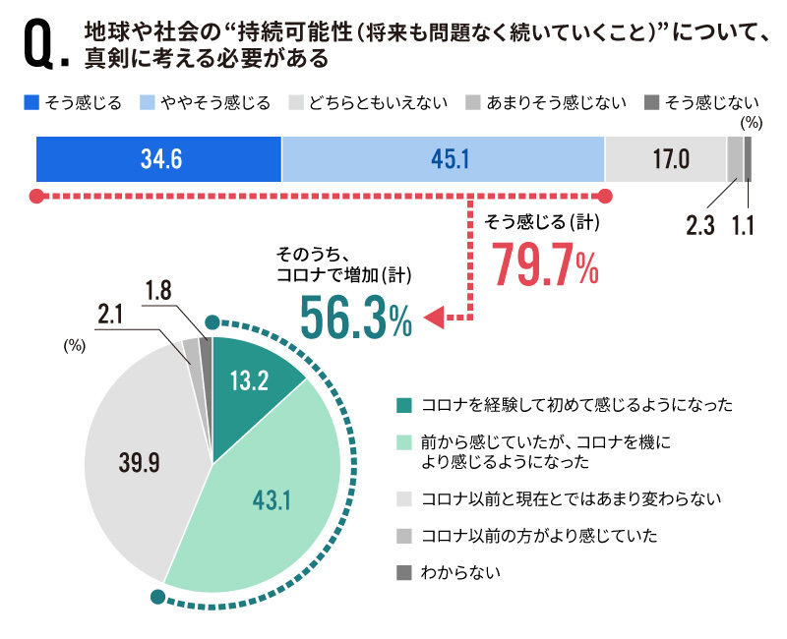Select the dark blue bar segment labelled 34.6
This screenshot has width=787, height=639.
pos(158,158)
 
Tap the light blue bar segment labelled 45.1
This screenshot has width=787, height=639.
pos(443,158)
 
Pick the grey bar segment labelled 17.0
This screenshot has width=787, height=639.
pos(665,158)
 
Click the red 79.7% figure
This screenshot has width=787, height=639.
pos(544,263)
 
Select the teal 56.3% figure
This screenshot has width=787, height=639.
pos(355,317)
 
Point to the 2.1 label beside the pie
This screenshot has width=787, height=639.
pos(111,314)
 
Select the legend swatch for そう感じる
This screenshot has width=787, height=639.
pos(30,102)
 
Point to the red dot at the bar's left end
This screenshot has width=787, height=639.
pos(36,195)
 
